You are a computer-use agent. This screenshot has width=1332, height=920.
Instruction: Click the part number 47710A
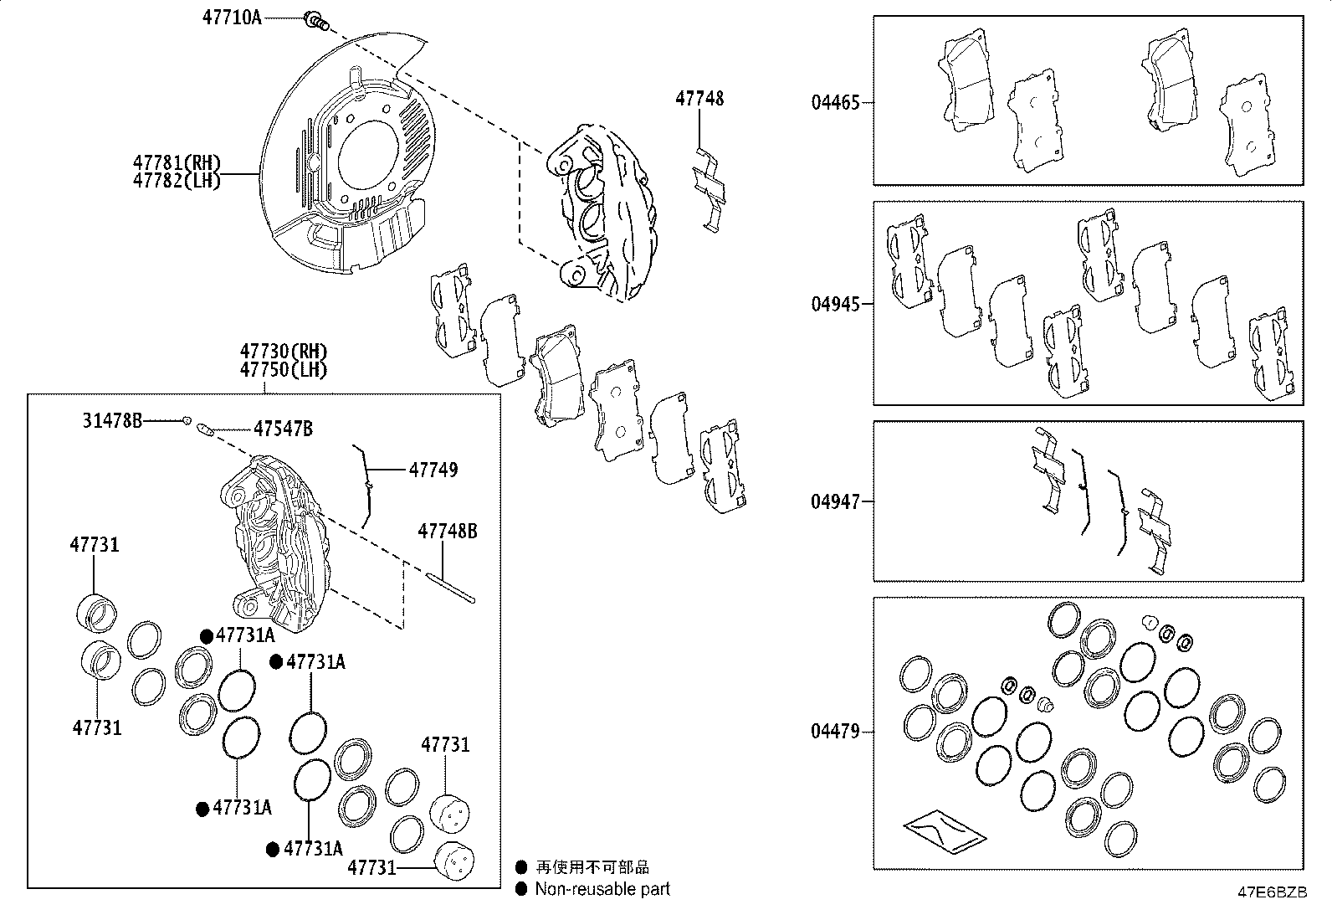232,18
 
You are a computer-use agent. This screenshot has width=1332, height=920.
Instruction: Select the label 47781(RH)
177,162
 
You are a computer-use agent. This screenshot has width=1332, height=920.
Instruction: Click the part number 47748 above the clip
699,99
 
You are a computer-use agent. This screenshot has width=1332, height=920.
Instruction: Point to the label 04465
834,104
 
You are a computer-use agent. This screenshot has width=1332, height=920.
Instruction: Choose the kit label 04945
834,304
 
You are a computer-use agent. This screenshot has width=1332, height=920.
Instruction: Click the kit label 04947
834,502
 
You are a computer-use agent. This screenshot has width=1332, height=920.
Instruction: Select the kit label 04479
834,732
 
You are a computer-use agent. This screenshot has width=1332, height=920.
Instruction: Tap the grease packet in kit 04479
944,829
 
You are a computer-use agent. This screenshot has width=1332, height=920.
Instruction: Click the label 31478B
112,420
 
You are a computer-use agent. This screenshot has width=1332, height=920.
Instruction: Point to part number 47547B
283,429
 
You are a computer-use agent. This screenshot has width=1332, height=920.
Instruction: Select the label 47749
433,470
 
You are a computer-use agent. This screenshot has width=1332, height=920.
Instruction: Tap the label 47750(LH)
283,369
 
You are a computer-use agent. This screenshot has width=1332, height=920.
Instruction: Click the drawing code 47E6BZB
1272,892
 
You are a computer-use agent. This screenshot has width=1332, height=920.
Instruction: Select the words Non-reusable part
602,890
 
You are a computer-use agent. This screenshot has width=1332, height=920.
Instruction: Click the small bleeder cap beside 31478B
187,420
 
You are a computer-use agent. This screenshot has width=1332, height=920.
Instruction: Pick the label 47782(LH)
177,180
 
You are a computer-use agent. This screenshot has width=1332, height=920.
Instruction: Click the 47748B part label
448,532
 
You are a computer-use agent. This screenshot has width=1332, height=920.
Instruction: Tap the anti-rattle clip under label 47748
708,190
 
